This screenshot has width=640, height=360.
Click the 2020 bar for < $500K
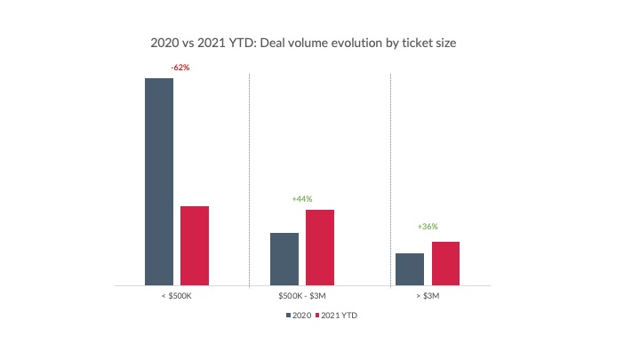tap(158, 181)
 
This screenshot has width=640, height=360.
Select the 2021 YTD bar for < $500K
tap(194, 245)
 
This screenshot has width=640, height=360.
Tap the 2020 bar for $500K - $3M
tap(284, 259)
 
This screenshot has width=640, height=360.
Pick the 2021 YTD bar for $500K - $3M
tap(319, 247)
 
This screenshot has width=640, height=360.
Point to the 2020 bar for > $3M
tap(410, 269)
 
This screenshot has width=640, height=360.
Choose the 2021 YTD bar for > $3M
tap(445, 263)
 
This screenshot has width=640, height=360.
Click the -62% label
tap(180, 68)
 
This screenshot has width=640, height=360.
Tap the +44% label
tap(302, 198)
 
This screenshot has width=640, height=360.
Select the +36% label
tap(428, 227)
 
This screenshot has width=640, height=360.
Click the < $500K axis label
tap(177, 295)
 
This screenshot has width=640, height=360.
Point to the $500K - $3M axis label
tap(302, 295)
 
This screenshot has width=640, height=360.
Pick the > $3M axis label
tap(428, 295)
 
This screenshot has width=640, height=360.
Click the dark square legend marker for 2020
tap(288, 316)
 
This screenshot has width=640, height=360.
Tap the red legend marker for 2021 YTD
tap(317, 316)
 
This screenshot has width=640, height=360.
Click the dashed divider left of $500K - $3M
tap(250, 178)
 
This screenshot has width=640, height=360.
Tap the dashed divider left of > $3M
tap(391, 178)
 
